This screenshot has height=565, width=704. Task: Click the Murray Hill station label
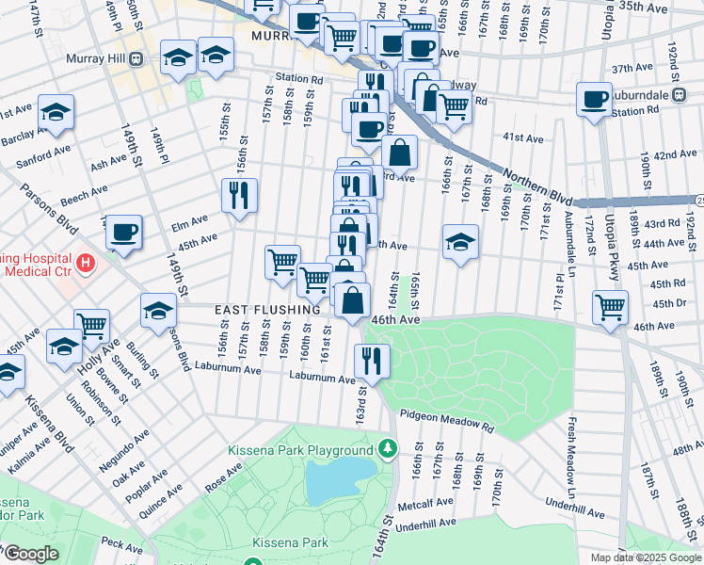(x=96, y=58)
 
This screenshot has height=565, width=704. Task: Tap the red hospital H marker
(x=86, y=261)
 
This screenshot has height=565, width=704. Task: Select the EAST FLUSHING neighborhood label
(x=267, y=309)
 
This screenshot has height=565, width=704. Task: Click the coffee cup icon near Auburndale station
(x=594, y=99)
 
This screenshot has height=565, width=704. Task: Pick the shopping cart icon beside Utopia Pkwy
(x=610, y=306)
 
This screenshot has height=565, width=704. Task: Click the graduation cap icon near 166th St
(x=460, y=242)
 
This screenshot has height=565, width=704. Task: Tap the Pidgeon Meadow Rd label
(x=446, y=420)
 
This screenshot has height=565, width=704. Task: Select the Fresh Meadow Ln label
(x=570, y=458)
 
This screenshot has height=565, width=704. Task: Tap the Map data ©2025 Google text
(x=644, y=557)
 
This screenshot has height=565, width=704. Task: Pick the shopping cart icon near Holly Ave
(x=91, y=326)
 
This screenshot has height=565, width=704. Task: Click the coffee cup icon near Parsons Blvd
(x=122, y=231)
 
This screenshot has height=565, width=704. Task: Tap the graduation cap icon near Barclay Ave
(x=56, y=112)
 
